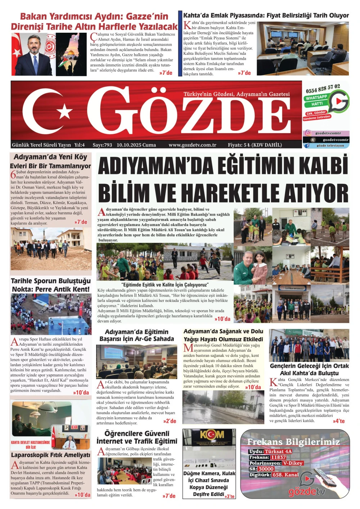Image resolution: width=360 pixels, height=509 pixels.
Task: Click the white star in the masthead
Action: coord(65,112)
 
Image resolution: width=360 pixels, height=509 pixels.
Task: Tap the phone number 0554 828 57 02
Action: coord(323,88)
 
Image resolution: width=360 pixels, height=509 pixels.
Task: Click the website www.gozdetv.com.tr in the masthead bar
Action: coord(192,145)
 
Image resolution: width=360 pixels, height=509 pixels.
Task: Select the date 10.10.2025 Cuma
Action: coord(136,145)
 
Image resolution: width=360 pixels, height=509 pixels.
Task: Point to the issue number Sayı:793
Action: coord(102,145)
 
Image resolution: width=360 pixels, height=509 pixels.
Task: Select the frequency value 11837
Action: coord(278,457)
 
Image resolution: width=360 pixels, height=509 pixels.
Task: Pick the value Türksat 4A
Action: coord(278,451)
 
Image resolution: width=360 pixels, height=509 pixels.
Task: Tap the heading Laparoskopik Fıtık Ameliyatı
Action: coord(50,455)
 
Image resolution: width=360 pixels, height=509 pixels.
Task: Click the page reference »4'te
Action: coord(338,421)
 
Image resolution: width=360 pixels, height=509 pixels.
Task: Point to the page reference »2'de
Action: coord(170,421)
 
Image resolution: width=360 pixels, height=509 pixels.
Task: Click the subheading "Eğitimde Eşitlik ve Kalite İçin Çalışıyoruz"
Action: coord(165,285)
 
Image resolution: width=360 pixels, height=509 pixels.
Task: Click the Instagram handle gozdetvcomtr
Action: coord(328,133)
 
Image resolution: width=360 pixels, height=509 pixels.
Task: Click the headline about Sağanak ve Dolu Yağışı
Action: coord(223,335)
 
